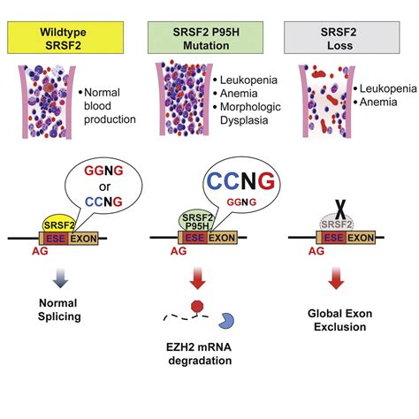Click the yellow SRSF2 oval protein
(x=58, y=225)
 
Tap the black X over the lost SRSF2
(x=339, y=209)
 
